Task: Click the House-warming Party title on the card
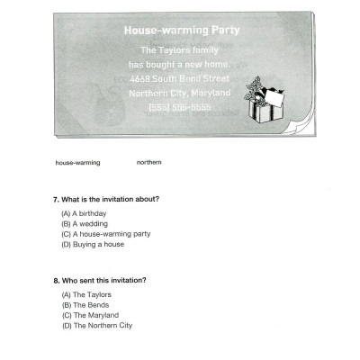point(179,31)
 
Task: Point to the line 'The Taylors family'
point(179,50)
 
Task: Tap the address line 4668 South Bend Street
point(179,78)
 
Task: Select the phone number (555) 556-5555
point(179,106)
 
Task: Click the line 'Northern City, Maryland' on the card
point(179,93)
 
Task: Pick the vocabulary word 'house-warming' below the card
point(77,163)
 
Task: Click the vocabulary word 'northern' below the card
point(148,163)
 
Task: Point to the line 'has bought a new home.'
point(179,65)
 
